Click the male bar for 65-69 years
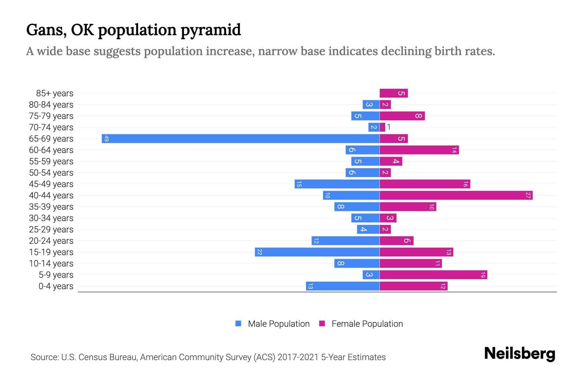tap(240, 139)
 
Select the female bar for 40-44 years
tap(456, 195)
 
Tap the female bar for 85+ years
tap(394, 93)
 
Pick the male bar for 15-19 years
tap(317, 252)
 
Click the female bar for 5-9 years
tap(433, 275)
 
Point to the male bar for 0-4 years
tap(343, 286)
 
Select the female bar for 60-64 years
tap(419, 150)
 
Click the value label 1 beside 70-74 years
tap(389, 127)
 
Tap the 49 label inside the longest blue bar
tap(107, 139)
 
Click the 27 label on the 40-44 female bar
tap(528, 195)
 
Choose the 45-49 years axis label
tap(51, 184)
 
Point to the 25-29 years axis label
tap(51, 230)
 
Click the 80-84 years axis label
tap(51, 105)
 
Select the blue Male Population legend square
tap(238, 324)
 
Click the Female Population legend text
tap(367, 324)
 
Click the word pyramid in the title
tap(211, 30)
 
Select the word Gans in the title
tap(46, 30)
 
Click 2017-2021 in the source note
tap(298, 357)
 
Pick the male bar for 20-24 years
tap(345, 241)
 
